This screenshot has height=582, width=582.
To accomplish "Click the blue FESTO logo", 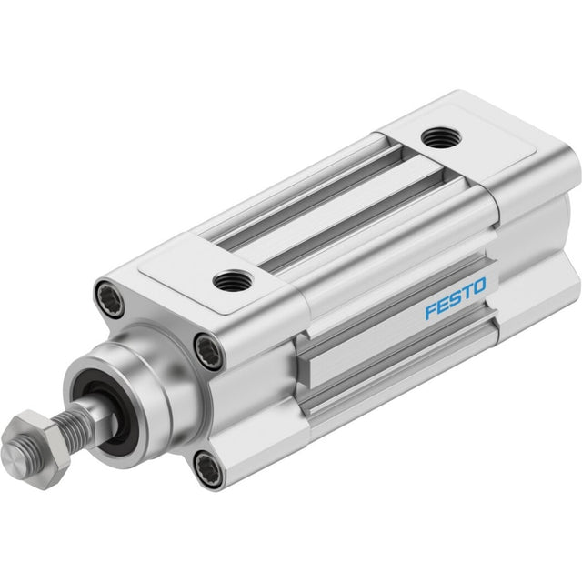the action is pos(456,298).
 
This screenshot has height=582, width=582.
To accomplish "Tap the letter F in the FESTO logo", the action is pos(431,311).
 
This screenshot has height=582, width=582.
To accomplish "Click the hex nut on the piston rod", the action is pos(36,449).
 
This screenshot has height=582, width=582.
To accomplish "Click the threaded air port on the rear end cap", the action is pos(441,137).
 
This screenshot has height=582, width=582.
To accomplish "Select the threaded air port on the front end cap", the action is pos(233,281).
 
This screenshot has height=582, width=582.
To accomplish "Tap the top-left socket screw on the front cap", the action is pos(110,300).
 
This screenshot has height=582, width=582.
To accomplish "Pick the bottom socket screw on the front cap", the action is pos(208,467).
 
